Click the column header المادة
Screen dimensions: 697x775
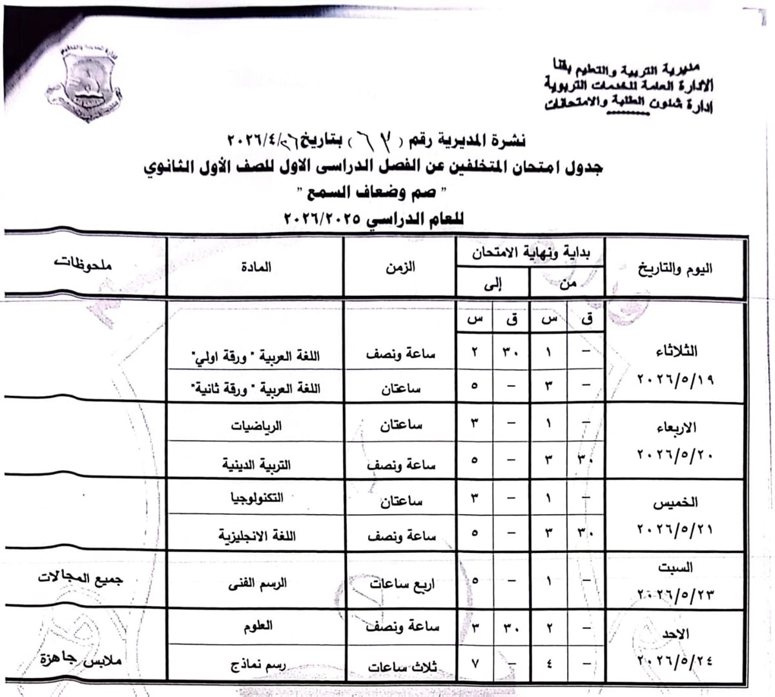click(260, 267)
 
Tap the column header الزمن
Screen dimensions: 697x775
click(404, 267)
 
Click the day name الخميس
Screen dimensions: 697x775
click(676, 502)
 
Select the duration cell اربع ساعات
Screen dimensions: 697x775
click(402, 585)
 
